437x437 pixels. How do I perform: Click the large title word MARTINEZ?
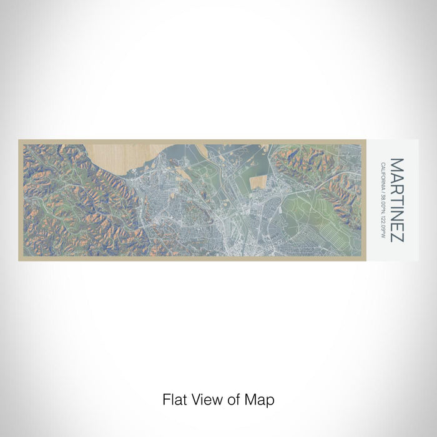click(397, 200)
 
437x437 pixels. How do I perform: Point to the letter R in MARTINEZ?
click(397, 187)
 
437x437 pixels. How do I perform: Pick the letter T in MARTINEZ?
click(397, 197)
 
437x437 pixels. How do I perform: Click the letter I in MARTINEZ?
click(397, 205)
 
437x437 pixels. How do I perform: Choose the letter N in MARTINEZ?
click(397, 213)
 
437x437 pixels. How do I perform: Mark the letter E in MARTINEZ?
click(397, 224)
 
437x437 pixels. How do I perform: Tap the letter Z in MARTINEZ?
click(397, 235)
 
